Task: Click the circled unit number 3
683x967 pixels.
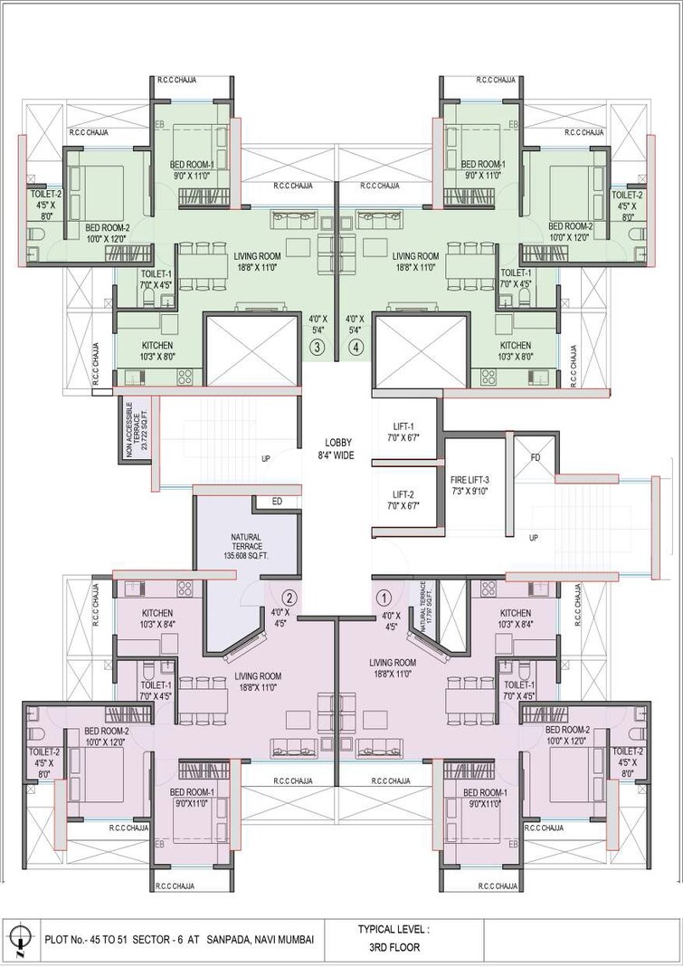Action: [x=317, y=347]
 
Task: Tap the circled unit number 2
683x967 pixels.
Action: [x=289, y=598]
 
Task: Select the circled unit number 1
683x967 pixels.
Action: [x=383, y=598]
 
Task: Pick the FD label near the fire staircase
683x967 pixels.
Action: [x=535, y=458]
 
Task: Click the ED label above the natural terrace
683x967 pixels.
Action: [x=276, y=502]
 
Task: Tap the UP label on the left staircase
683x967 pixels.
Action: [x=265, y=459]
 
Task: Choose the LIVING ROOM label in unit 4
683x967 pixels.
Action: [x=415, y=256]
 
